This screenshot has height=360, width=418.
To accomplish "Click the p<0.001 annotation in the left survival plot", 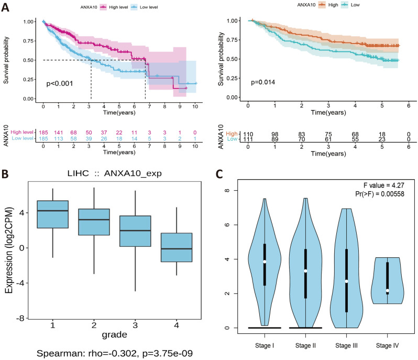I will [62, 83].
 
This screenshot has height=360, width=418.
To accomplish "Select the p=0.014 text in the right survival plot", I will [263, 83].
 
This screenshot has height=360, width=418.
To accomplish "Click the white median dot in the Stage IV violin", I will [387, 290].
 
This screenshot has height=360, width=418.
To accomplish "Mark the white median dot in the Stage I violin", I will [265, 261].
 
